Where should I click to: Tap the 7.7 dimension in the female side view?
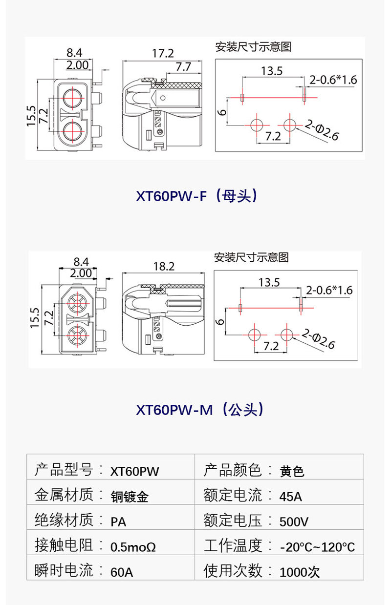pyautogui.click(x=183, y=66)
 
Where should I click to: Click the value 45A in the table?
pyautogui.click(x=291, y=497)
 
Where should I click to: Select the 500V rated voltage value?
pyautogui.click(x=294, y=522)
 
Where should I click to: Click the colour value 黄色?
pyautogui.click(x=292, y=471)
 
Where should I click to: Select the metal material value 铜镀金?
pyautogui.click(x=130, y=497)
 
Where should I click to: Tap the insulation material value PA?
pyautogui.click(x=118, y=522)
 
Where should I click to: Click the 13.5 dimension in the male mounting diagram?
pyautogui.click(x=269, y=282)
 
